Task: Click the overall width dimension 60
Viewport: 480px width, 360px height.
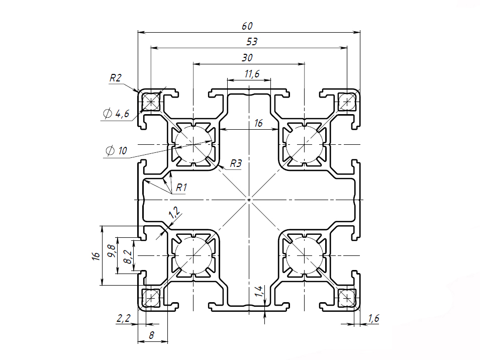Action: pos(247,26)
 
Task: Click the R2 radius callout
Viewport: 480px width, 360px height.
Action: pos(116,78)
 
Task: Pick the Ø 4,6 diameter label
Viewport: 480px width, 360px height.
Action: pos(116,114)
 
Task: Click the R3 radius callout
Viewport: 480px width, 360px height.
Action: pos(236,163)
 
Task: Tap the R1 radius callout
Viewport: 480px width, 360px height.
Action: pos(181,188)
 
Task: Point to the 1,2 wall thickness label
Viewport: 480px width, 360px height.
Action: pos(175,213)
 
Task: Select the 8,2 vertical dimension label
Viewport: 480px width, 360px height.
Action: pos(128,257)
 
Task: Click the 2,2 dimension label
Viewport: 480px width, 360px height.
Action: pos(124,318)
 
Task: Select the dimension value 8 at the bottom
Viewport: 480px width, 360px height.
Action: pos(151,336)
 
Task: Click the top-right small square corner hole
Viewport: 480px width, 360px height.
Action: pos(346,102)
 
